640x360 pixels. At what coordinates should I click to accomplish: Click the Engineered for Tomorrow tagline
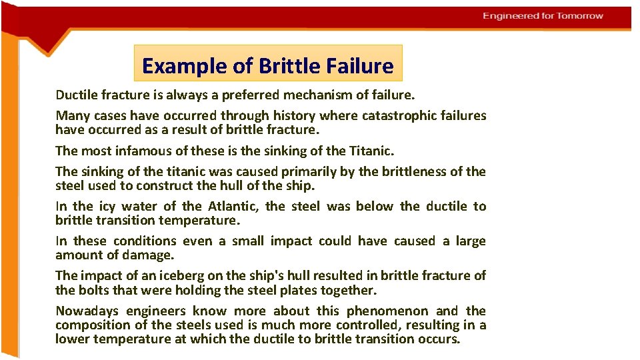click(x=543, y=15)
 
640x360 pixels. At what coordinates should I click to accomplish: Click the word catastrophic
click(x=401, y=116)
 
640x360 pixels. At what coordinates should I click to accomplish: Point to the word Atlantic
click(x=232, y=207)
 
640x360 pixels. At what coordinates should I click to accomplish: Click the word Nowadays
click(x=87, y=311)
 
